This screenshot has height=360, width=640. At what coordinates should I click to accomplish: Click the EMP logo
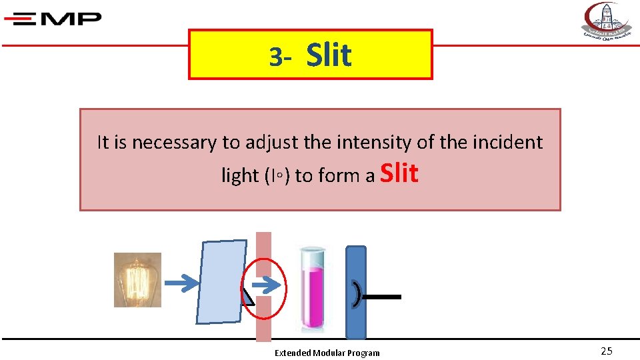click(53, 18)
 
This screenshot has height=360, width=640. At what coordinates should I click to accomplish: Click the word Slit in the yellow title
click(329, 55)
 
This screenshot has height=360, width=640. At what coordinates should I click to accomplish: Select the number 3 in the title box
click(275, 58)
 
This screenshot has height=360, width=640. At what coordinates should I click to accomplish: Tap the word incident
click(508, 143)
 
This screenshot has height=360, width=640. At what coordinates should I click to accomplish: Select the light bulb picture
click(137, 280)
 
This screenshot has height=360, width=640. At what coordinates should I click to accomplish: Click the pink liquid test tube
click(312, 289)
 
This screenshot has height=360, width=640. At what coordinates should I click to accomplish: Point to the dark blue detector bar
click(356, 292)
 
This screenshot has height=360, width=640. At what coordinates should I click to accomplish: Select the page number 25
click(606, 351)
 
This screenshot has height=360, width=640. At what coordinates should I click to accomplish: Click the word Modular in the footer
click(328, 353)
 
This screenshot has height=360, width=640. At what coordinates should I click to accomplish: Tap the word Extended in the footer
click(292, 353)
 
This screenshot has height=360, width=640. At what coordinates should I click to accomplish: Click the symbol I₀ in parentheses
click(277, 176)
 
